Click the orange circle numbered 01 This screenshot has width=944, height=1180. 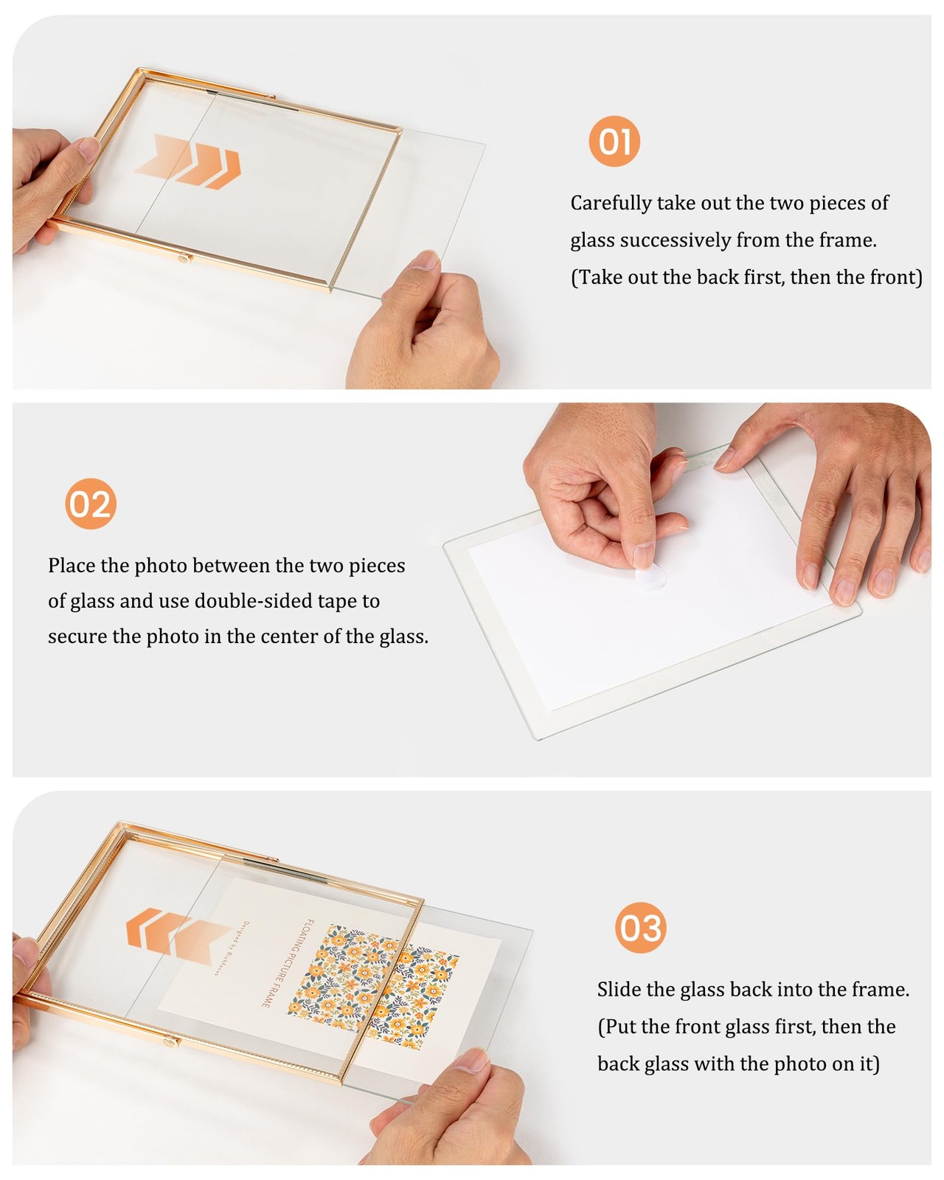point(614,141)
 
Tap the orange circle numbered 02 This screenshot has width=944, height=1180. point(91,504)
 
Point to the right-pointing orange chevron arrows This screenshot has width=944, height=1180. point(187,162)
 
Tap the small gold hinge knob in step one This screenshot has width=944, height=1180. point(183,257)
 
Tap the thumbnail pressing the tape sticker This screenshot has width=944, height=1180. point(643,555)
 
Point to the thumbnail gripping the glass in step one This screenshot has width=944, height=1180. point(423,260)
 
